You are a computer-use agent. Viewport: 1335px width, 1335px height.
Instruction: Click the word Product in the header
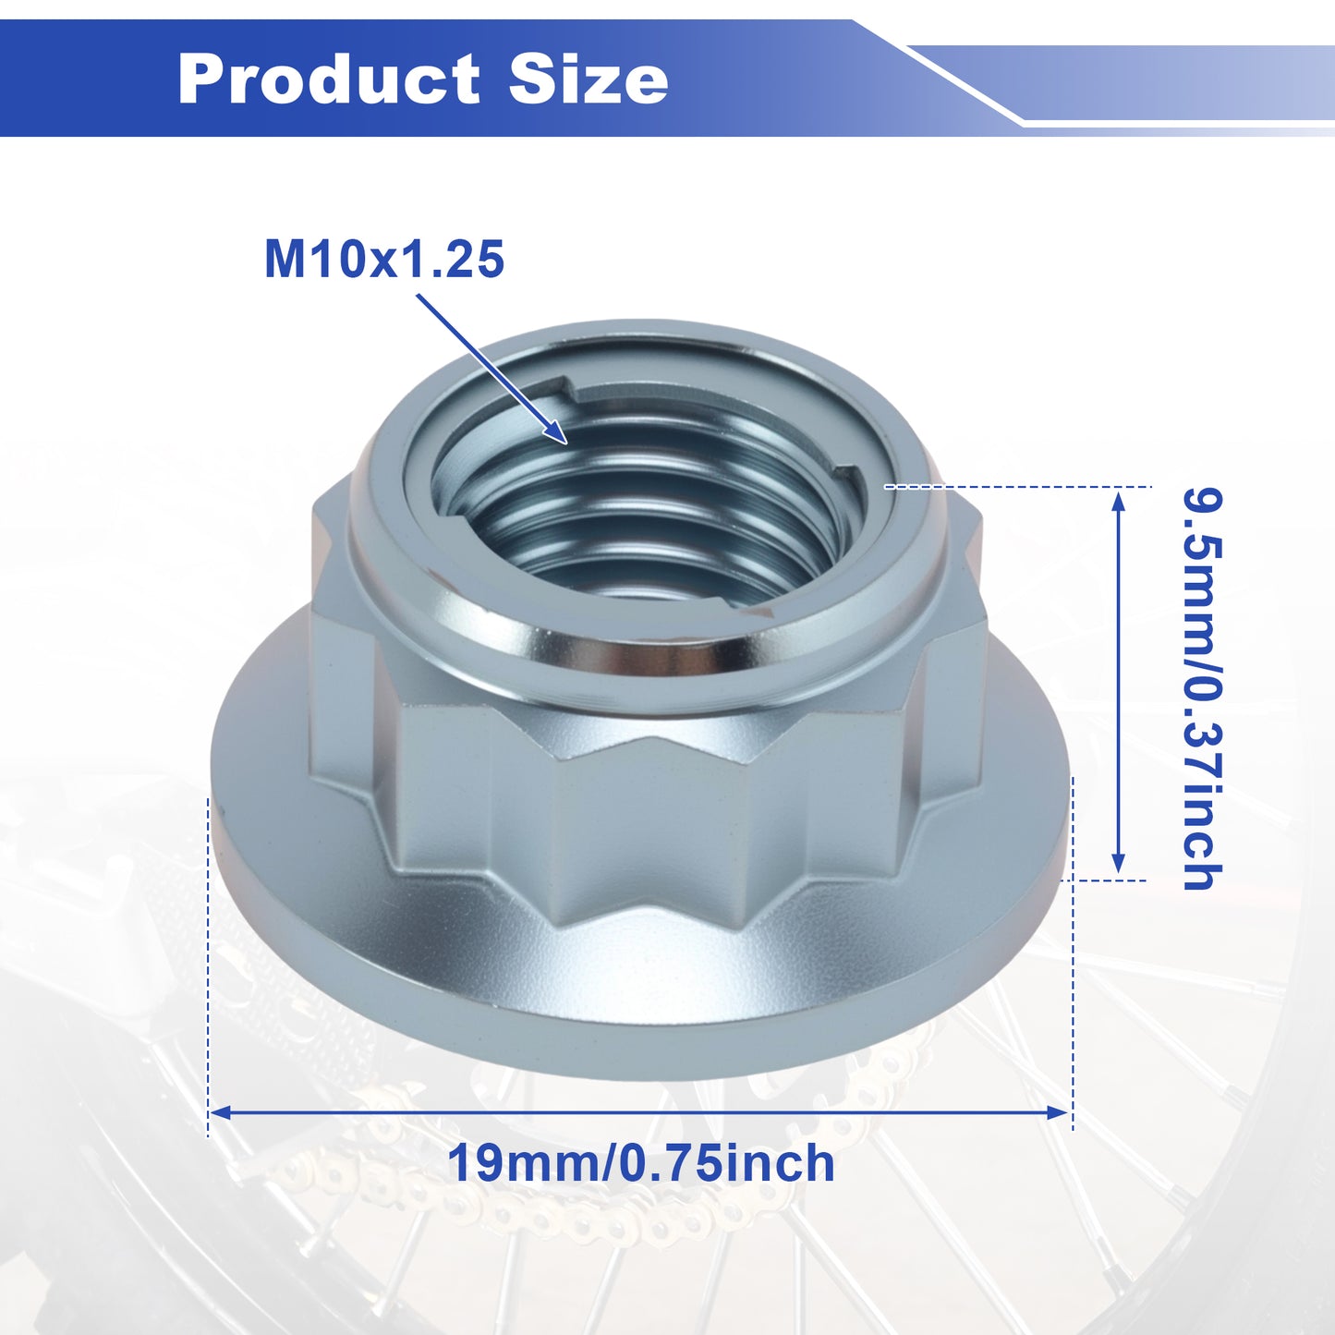coord(328,79)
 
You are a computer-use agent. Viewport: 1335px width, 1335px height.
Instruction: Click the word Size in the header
coord(589,79)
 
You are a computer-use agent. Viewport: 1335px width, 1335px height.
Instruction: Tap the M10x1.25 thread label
coord(384,260)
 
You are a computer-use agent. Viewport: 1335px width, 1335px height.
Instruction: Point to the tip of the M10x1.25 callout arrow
coord(567,443)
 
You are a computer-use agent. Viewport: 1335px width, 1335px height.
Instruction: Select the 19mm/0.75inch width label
coord(641,1163)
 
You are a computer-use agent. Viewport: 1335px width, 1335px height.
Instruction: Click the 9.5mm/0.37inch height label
coord(1201,689)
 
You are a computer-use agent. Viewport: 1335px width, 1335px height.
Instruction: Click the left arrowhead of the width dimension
coord(220,1113)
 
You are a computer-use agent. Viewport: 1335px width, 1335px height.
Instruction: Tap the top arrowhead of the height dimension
coord(1118,500)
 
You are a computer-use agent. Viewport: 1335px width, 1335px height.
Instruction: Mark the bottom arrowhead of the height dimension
coord(1118,863)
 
